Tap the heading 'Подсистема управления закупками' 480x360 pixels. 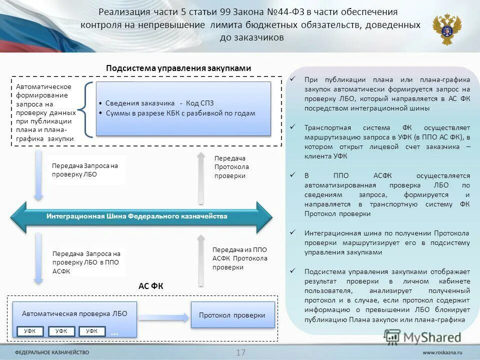pyautogui.click(x=178, y=68)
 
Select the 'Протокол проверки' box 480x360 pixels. pyautogui.click(x=232, y=315)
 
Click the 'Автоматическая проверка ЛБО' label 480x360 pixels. pyautogui.click(x=74, y=313)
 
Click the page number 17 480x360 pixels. pyautogui.click(x=240, y=352)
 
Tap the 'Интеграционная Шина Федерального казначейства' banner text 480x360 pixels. pyautogui.click(x=137, y=216)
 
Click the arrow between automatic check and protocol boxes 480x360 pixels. pyautogui.click(x=164, y=316)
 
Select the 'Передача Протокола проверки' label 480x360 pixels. pyautogui.click(x=231, y=166)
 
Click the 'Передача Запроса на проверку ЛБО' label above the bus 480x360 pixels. pyautogui.click(x=85, y=170)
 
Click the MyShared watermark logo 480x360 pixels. pyautogui.click(x=423, y=337)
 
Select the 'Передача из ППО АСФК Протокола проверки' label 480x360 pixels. pyautogui.click(x=239, y=258)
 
